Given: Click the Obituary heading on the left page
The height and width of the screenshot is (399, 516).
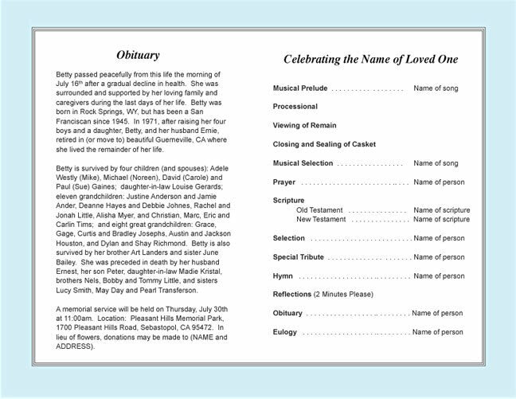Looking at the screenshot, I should [138, 55].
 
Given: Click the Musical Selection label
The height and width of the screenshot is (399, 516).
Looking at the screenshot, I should [303, 163].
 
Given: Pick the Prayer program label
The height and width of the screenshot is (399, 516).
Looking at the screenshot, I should [284, 182].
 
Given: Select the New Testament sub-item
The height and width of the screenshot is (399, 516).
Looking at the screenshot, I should [324, 219].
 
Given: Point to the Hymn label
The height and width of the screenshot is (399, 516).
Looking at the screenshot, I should [283, 276].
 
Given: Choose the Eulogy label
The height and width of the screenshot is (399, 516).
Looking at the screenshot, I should [285, 332].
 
